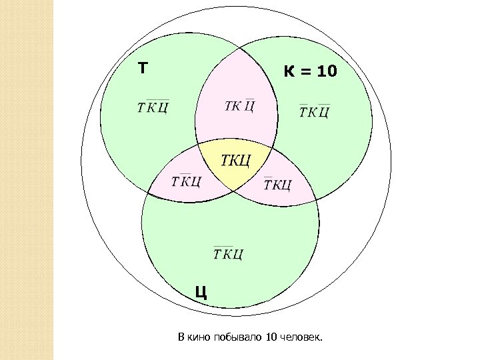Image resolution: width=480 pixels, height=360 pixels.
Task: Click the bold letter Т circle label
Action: click(x=143, y=68)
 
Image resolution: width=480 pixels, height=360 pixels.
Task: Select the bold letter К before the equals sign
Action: click(x=289, y=71)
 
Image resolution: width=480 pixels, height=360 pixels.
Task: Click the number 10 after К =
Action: click(x=327, y=71)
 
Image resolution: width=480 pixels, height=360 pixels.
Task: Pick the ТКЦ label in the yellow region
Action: click(x=235, y=161)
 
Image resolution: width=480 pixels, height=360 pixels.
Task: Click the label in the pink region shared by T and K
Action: click(x=239, y=106)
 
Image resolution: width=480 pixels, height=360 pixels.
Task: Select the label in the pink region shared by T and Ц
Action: click(x=186, y=181)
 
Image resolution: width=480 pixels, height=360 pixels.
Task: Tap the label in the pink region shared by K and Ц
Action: click(x=277, y=183)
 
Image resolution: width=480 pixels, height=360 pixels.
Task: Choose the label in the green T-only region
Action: click(x=152, y=107)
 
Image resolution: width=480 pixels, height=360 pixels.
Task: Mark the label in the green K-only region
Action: click(x=314, y=111)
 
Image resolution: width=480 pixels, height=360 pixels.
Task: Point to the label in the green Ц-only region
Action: click(x=228, y=253)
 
